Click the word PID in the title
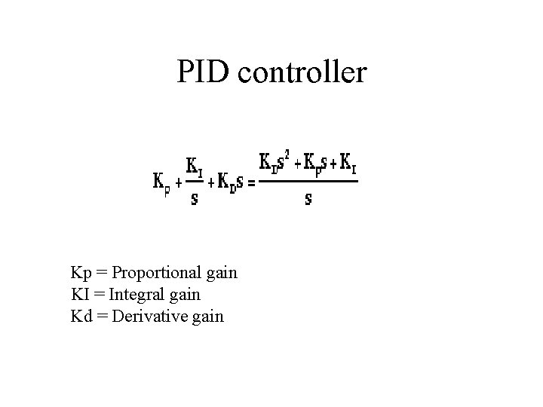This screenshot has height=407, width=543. (201, 72)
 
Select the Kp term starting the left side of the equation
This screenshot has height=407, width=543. (161, 183)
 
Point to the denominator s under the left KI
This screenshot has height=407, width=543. (194, 200)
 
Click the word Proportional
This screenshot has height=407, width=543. (155, 273)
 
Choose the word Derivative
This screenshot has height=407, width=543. (148, 316)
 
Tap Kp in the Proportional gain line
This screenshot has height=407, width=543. (80, 273)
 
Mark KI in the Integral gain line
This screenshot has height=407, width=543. (79, 294)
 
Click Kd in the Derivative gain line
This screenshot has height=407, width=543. (80, 316)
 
